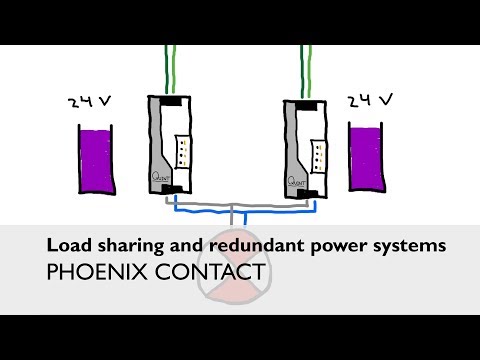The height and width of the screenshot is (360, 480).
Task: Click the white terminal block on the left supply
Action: pos(182,153)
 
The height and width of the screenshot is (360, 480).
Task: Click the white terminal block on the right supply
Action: pos(320,153)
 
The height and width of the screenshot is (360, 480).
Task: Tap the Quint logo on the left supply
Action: pos(159,179)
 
